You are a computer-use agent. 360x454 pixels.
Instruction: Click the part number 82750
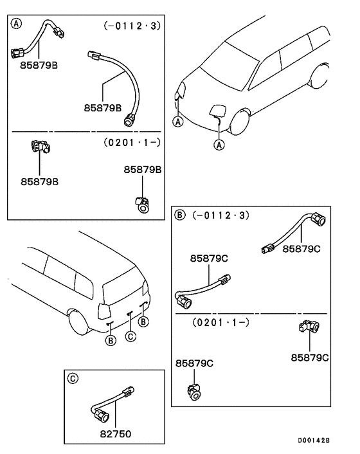pyautogui.click(x=116, y=434)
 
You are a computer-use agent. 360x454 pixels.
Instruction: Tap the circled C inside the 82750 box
pyautogui.click(x=73, y=379)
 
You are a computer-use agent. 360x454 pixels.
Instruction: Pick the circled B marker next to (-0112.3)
pyautogui.click(x=181, y=214)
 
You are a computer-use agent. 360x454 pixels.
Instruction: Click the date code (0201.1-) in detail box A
pyautogui.click(x=131, y=141)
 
